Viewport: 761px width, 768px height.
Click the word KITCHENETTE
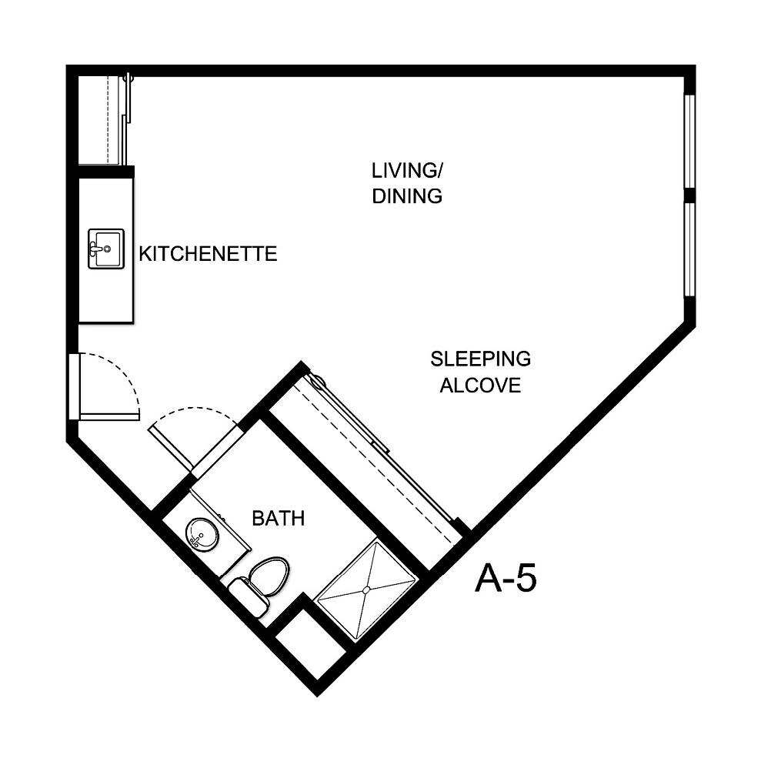click(x=208, y=254)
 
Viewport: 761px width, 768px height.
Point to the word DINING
click(x=407, y=196)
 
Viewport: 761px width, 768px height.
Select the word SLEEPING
click(x=480, y=359)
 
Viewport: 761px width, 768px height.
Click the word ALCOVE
click(x=480, y=385)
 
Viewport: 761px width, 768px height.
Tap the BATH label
click(x=279, y=519)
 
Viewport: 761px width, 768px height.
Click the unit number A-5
click(x=506, y=579)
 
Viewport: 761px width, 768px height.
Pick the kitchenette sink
click(x=104, y=249)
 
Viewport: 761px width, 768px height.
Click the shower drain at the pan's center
click(x=366, y=589)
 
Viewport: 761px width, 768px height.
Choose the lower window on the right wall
click(x=689, y=248)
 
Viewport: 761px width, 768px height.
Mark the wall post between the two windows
click(x=689, y=195)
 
